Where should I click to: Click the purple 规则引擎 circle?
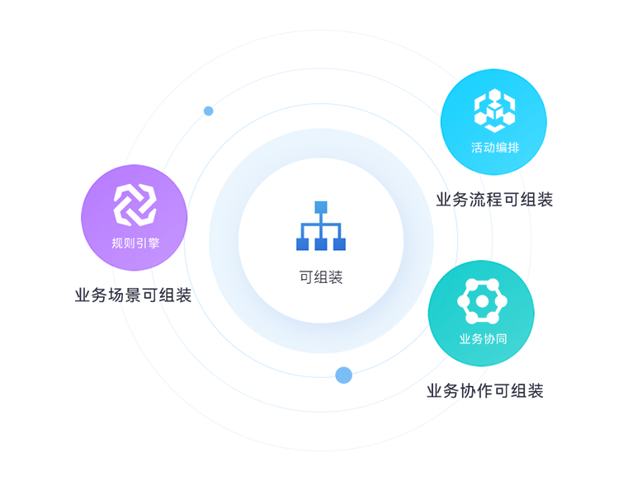(x=135, y=218)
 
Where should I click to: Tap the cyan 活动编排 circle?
(x=493, y=122)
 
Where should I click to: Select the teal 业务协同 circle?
(x=481, y=314)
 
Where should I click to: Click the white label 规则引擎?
(x=135, y=243)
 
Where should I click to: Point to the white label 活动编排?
(x=495, y=148)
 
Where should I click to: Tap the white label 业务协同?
(x=483, y=339)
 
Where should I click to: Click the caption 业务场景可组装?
(x=133, y=295)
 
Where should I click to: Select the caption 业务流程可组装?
(x=494, y=200)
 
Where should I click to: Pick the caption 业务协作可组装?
(x=484, y=391)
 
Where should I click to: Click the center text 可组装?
(x=321, y=277)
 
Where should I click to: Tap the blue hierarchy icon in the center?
(x=321, y=226)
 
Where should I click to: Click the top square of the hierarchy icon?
(x=321, y=207)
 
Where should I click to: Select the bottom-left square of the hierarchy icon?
(x=302, y=244)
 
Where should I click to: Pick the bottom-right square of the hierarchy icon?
(x=339, y=244)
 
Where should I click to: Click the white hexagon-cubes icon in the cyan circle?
(x=494, y=111)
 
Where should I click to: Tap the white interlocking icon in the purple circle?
(x=135, y=205)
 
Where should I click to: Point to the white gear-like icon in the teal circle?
(x=482, y=301)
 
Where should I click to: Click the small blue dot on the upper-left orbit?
(x=208, y=111)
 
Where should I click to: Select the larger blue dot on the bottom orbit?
(x=343, y=375)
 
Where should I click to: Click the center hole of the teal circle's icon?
(x=482, y=301)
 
